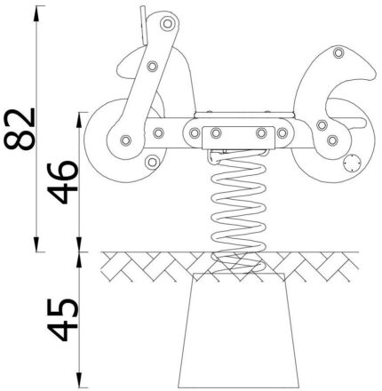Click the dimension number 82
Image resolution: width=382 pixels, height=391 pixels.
[20, 129]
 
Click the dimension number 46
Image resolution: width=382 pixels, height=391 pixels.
[63, 182]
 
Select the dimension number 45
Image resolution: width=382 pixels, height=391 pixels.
[63, 319]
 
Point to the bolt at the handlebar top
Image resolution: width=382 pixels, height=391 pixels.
[168, 24]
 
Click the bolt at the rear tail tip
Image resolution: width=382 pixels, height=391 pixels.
[338, 53]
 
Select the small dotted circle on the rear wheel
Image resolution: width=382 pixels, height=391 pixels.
[352, 164]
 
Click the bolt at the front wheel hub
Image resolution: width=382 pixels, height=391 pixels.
[126, 140]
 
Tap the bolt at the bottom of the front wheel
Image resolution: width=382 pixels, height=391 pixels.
[152, 162]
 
